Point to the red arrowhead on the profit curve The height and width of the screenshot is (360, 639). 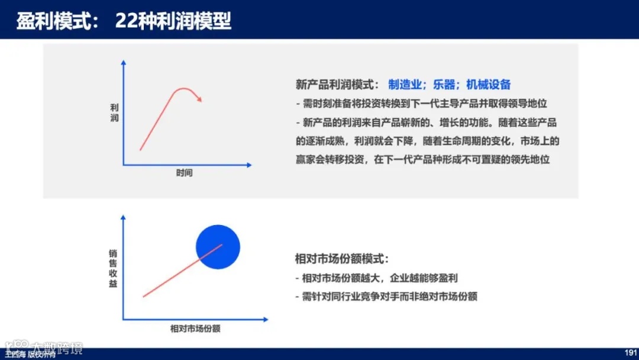tap(200, 99)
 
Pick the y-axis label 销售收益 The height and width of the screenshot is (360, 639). tap(113, 268)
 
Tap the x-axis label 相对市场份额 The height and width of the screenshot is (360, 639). tap(191, 328)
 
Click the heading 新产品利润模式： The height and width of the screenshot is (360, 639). tap(338, 85)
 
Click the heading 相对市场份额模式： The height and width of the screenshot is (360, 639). tap(343, 259)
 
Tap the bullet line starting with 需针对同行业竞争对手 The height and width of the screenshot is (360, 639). tap(386, 296)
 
